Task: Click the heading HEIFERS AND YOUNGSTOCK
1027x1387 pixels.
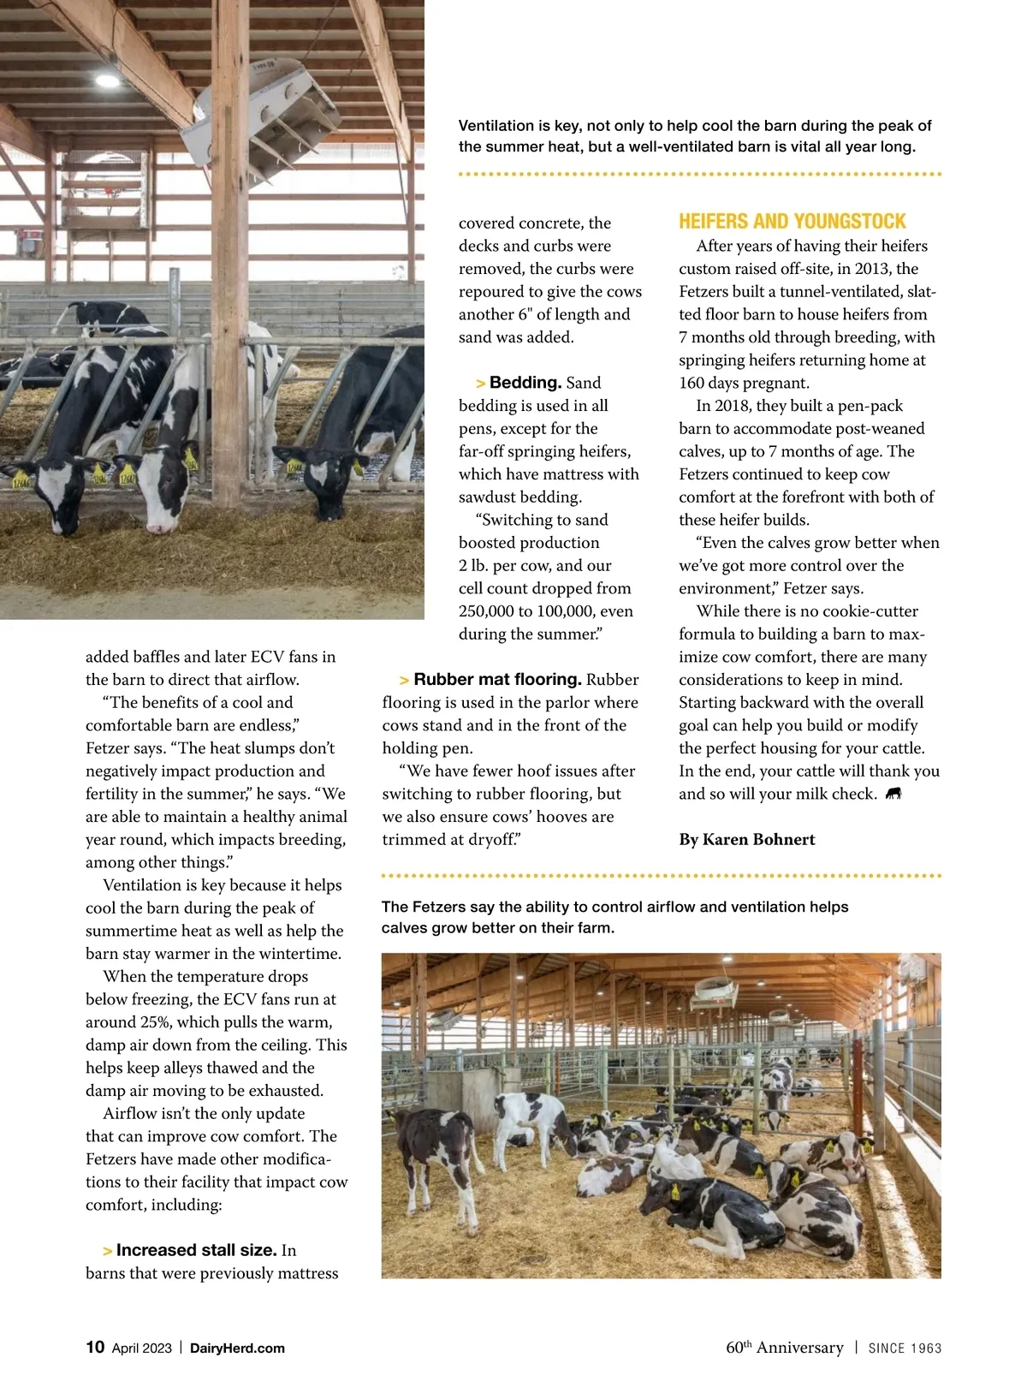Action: tap(792, 222)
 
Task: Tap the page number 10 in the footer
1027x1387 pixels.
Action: tap(95, 1347)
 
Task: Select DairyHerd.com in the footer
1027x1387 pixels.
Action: tap(237, 1348)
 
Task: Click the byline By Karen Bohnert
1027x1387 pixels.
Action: tap(746, 840)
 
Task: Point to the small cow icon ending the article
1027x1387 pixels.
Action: tap(893, 794)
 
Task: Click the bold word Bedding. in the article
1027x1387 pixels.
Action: tap(525, 383)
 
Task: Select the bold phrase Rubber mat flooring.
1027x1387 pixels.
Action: tap(497, 680)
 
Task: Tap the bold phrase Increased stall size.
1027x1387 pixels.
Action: tap(196, 1250)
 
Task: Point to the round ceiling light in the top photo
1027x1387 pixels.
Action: tap(108, 80)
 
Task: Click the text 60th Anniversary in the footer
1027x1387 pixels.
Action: tap(784, 1348)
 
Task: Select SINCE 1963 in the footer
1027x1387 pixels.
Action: tap(905, 1348)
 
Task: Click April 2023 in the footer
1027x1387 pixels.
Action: tap(141, 1348)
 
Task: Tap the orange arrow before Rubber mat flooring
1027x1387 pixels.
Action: tap(404, 681)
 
